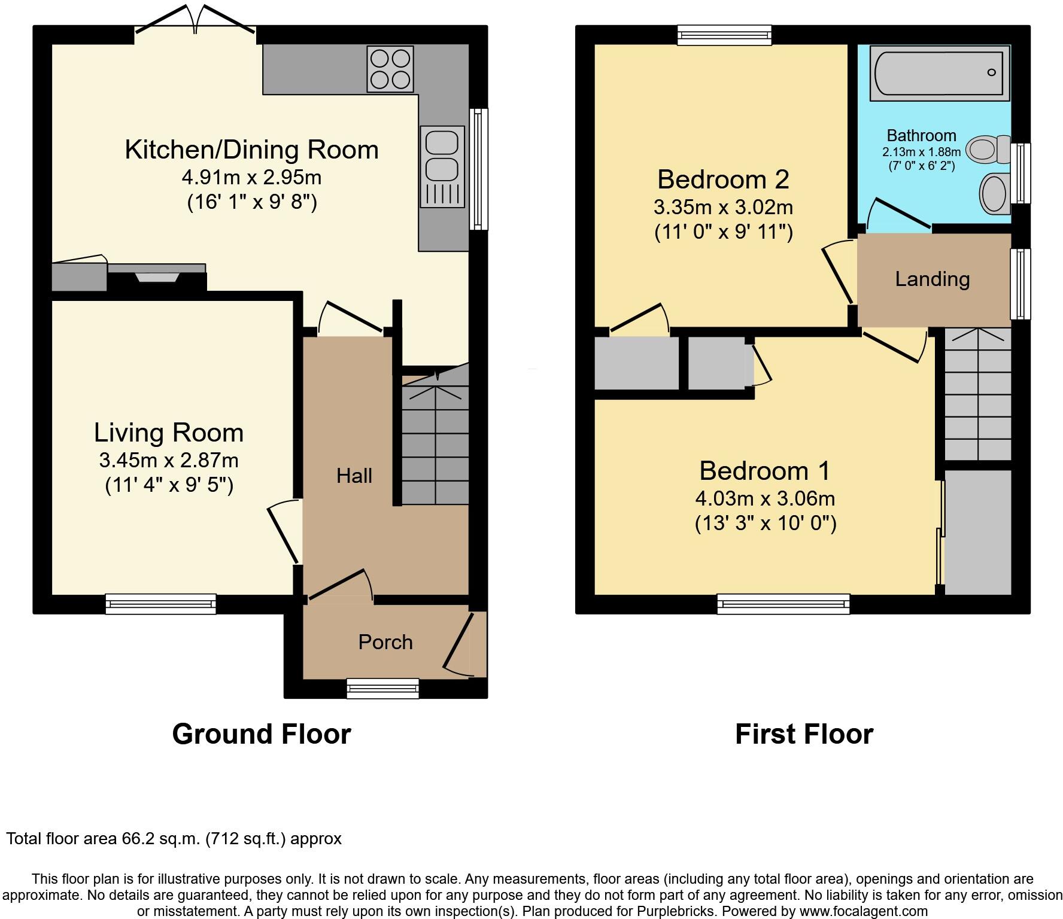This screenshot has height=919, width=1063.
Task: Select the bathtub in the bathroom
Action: click(939, 73)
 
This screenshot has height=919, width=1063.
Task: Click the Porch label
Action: click(385, 642)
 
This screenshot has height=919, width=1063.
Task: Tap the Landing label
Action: click(932, 279)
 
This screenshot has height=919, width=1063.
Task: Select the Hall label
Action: click(354, 476)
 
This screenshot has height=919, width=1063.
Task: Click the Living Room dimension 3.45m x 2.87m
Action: click(169, 460)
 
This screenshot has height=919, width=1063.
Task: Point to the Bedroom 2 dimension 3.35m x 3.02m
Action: click(723, 207)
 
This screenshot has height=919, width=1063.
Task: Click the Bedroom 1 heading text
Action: click(764, 470)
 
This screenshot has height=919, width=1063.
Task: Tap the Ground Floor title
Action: click(261, 734)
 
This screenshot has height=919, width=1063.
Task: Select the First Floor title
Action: click(804, 734)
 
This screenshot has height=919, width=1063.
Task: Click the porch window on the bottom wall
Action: click(382, 689)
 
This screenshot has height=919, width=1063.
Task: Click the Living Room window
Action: click(160, 604)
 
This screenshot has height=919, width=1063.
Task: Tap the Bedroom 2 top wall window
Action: click(724, 35)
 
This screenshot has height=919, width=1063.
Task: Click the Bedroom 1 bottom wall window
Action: click(783, 604)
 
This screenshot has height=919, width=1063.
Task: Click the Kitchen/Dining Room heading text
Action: click(251, 150)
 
